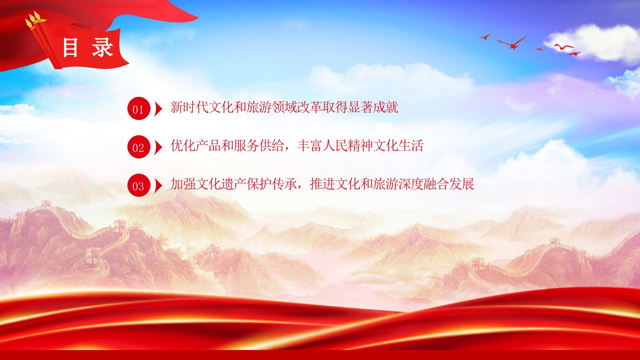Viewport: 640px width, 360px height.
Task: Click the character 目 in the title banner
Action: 70,47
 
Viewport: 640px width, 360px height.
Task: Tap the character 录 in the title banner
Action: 102,47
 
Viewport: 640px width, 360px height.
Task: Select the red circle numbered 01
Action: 138,108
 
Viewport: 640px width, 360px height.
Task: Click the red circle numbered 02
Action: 138,147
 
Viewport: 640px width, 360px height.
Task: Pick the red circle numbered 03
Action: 138,185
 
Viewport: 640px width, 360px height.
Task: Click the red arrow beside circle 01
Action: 158,108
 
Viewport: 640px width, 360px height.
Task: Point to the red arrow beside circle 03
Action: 158,185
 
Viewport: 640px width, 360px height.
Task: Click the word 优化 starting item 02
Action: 183,145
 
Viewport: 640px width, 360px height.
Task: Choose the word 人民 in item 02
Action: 335,145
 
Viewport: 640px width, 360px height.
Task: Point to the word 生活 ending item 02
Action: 411,145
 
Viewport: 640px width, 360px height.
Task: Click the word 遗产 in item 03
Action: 233,184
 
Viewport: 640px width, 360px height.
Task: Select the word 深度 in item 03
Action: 411,184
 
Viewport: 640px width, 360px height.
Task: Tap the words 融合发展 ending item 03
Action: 449,184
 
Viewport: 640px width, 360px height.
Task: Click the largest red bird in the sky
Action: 513,43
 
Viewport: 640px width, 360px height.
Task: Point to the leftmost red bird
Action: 485,36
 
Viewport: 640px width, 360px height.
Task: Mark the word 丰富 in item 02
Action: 309,145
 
